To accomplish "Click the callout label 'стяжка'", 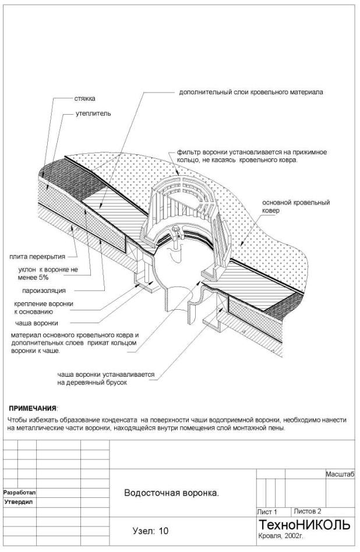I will pos(84,99).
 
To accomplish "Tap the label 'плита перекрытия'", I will pos(36,256).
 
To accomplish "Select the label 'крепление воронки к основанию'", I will pos(43,307).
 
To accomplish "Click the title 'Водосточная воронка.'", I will pos(172,493).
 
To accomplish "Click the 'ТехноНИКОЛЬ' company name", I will pos(304,525).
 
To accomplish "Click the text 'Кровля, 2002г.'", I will pos(278,536).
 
